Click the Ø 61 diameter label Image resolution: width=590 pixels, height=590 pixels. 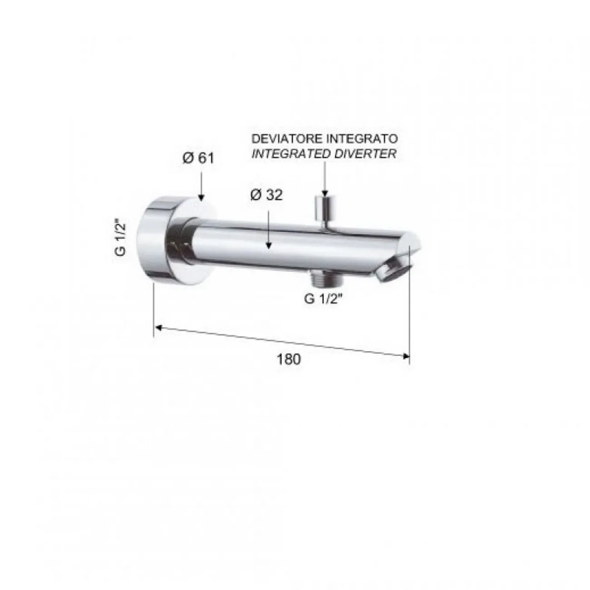point(198,158)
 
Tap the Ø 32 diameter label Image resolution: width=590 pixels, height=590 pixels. point(266,195)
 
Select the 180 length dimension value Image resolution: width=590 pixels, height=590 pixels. point(289,359)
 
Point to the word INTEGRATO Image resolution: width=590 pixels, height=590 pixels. point(361,139)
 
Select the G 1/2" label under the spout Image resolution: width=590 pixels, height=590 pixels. point(323,299)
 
